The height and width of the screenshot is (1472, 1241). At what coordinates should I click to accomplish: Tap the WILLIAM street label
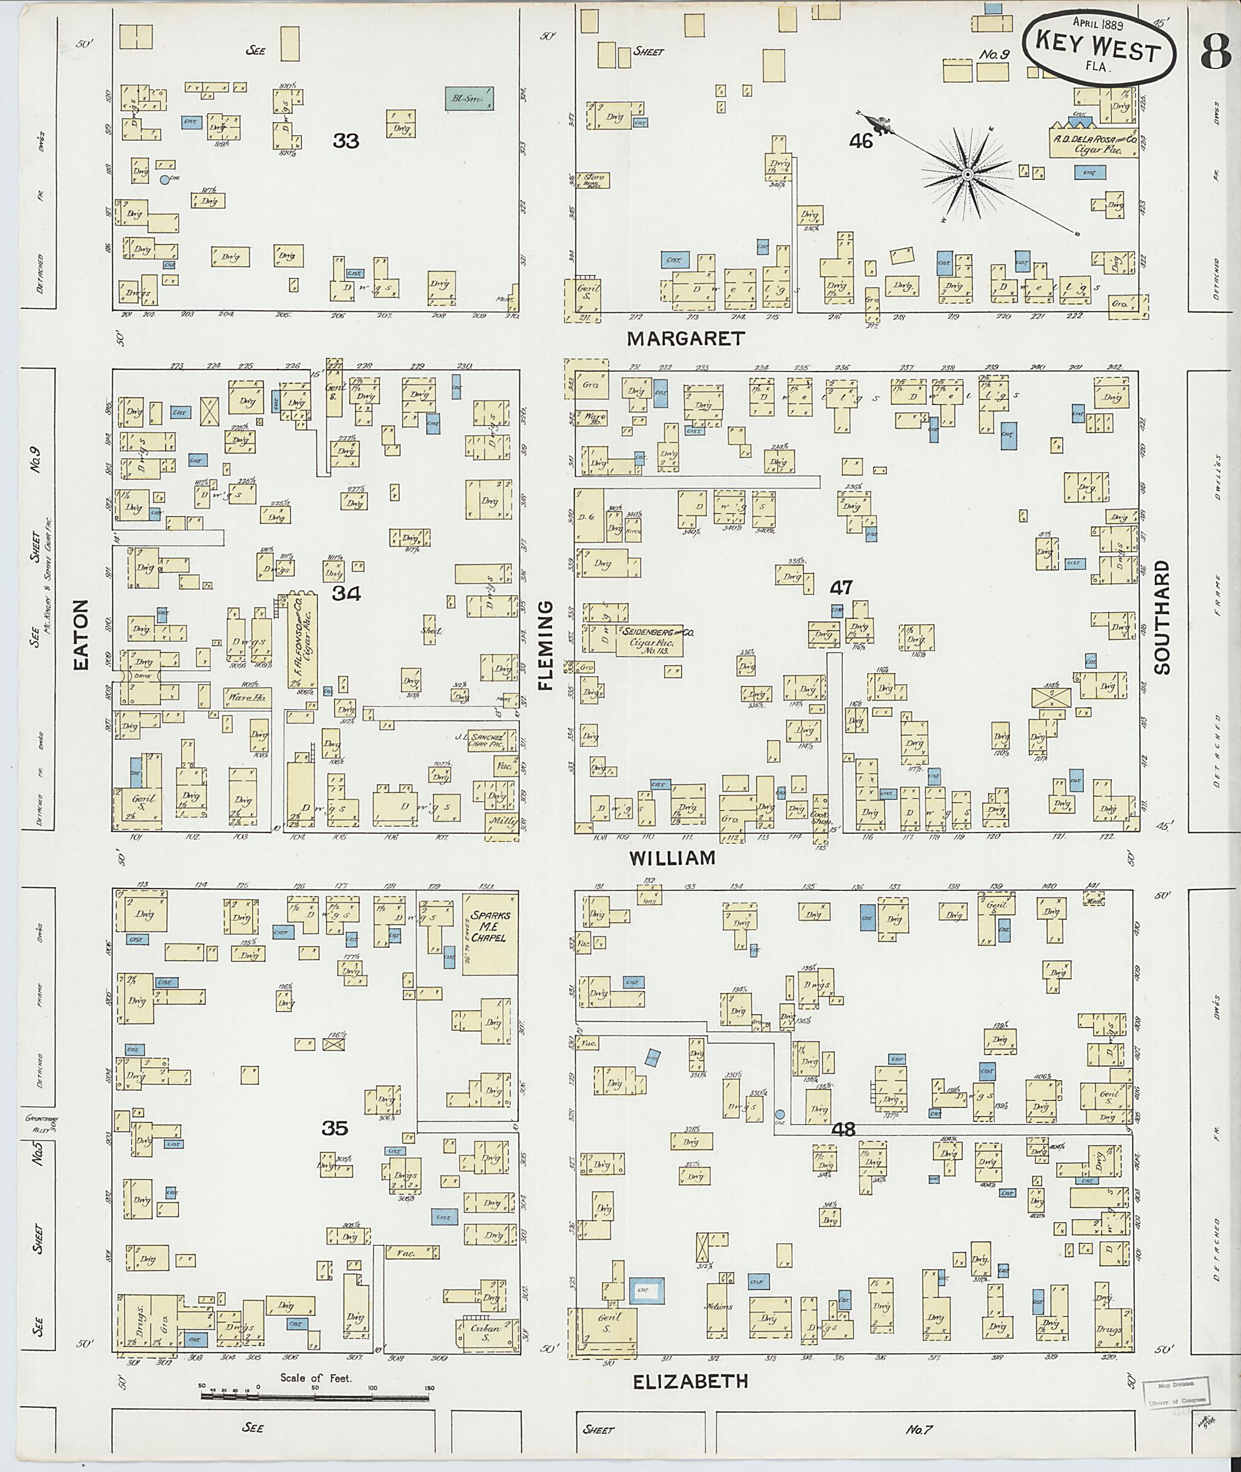tap(672, 858)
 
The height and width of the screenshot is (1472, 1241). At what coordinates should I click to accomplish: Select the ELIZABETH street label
tap(690, 1382)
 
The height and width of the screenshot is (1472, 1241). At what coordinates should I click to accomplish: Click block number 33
tap(345, 141)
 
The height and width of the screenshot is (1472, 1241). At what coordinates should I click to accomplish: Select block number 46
tap(860, 141)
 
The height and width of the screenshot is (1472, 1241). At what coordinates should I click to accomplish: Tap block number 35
tap(335, 1128)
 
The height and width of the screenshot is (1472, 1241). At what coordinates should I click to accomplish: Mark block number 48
tap(842, 1130)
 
